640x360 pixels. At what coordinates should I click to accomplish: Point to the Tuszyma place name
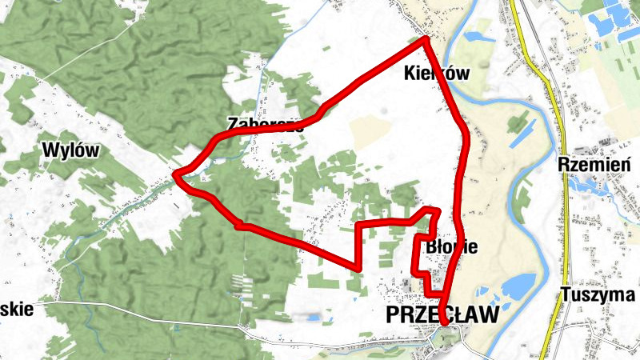point(598,294)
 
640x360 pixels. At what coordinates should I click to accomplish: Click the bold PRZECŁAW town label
point(441,314)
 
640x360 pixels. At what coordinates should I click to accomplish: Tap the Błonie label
point(452,246)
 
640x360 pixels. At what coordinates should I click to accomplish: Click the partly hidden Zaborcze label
point(264,125)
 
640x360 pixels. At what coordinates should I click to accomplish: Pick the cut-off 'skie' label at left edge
point(16,310)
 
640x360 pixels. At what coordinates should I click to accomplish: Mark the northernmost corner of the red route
point(426,38)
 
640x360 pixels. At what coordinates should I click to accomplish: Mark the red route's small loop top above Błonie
point(432,210)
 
